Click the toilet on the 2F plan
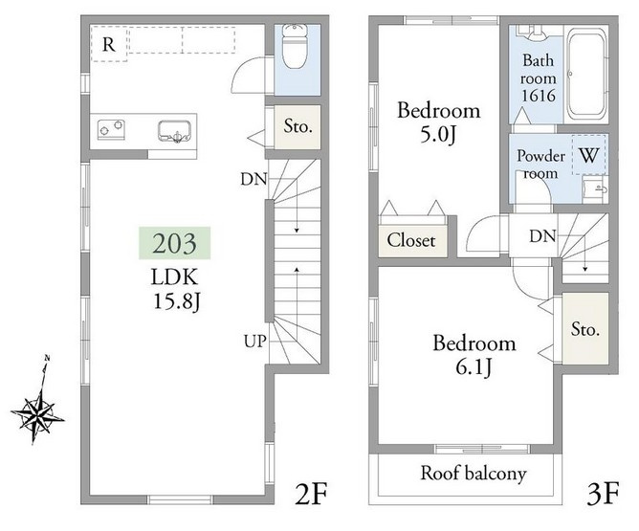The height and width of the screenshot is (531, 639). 295,46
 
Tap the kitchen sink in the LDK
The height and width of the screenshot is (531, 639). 174,131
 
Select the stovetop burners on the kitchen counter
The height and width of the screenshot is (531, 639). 111,129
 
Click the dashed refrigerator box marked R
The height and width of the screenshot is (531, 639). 109,44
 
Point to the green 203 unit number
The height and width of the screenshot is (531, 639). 175,243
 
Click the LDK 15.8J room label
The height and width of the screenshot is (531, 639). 176,289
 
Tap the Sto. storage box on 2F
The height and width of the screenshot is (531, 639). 297,126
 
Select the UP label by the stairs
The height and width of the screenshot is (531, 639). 255,342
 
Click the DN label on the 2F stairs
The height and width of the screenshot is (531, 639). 253,179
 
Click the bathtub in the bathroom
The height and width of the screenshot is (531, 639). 586,75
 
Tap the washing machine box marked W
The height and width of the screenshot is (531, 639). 589,155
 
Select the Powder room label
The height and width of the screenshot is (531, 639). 540,165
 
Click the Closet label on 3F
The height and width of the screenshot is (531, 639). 411,240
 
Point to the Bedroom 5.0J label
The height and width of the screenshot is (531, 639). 438,122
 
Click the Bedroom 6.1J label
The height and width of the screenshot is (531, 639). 474,355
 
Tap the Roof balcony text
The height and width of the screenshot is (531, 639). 474,474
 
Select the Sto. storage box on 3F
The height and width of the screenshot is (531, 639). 585,328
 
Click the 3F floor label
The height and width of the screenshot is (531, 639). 604,493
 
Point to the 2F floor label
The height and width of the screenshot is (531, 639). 311,494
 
